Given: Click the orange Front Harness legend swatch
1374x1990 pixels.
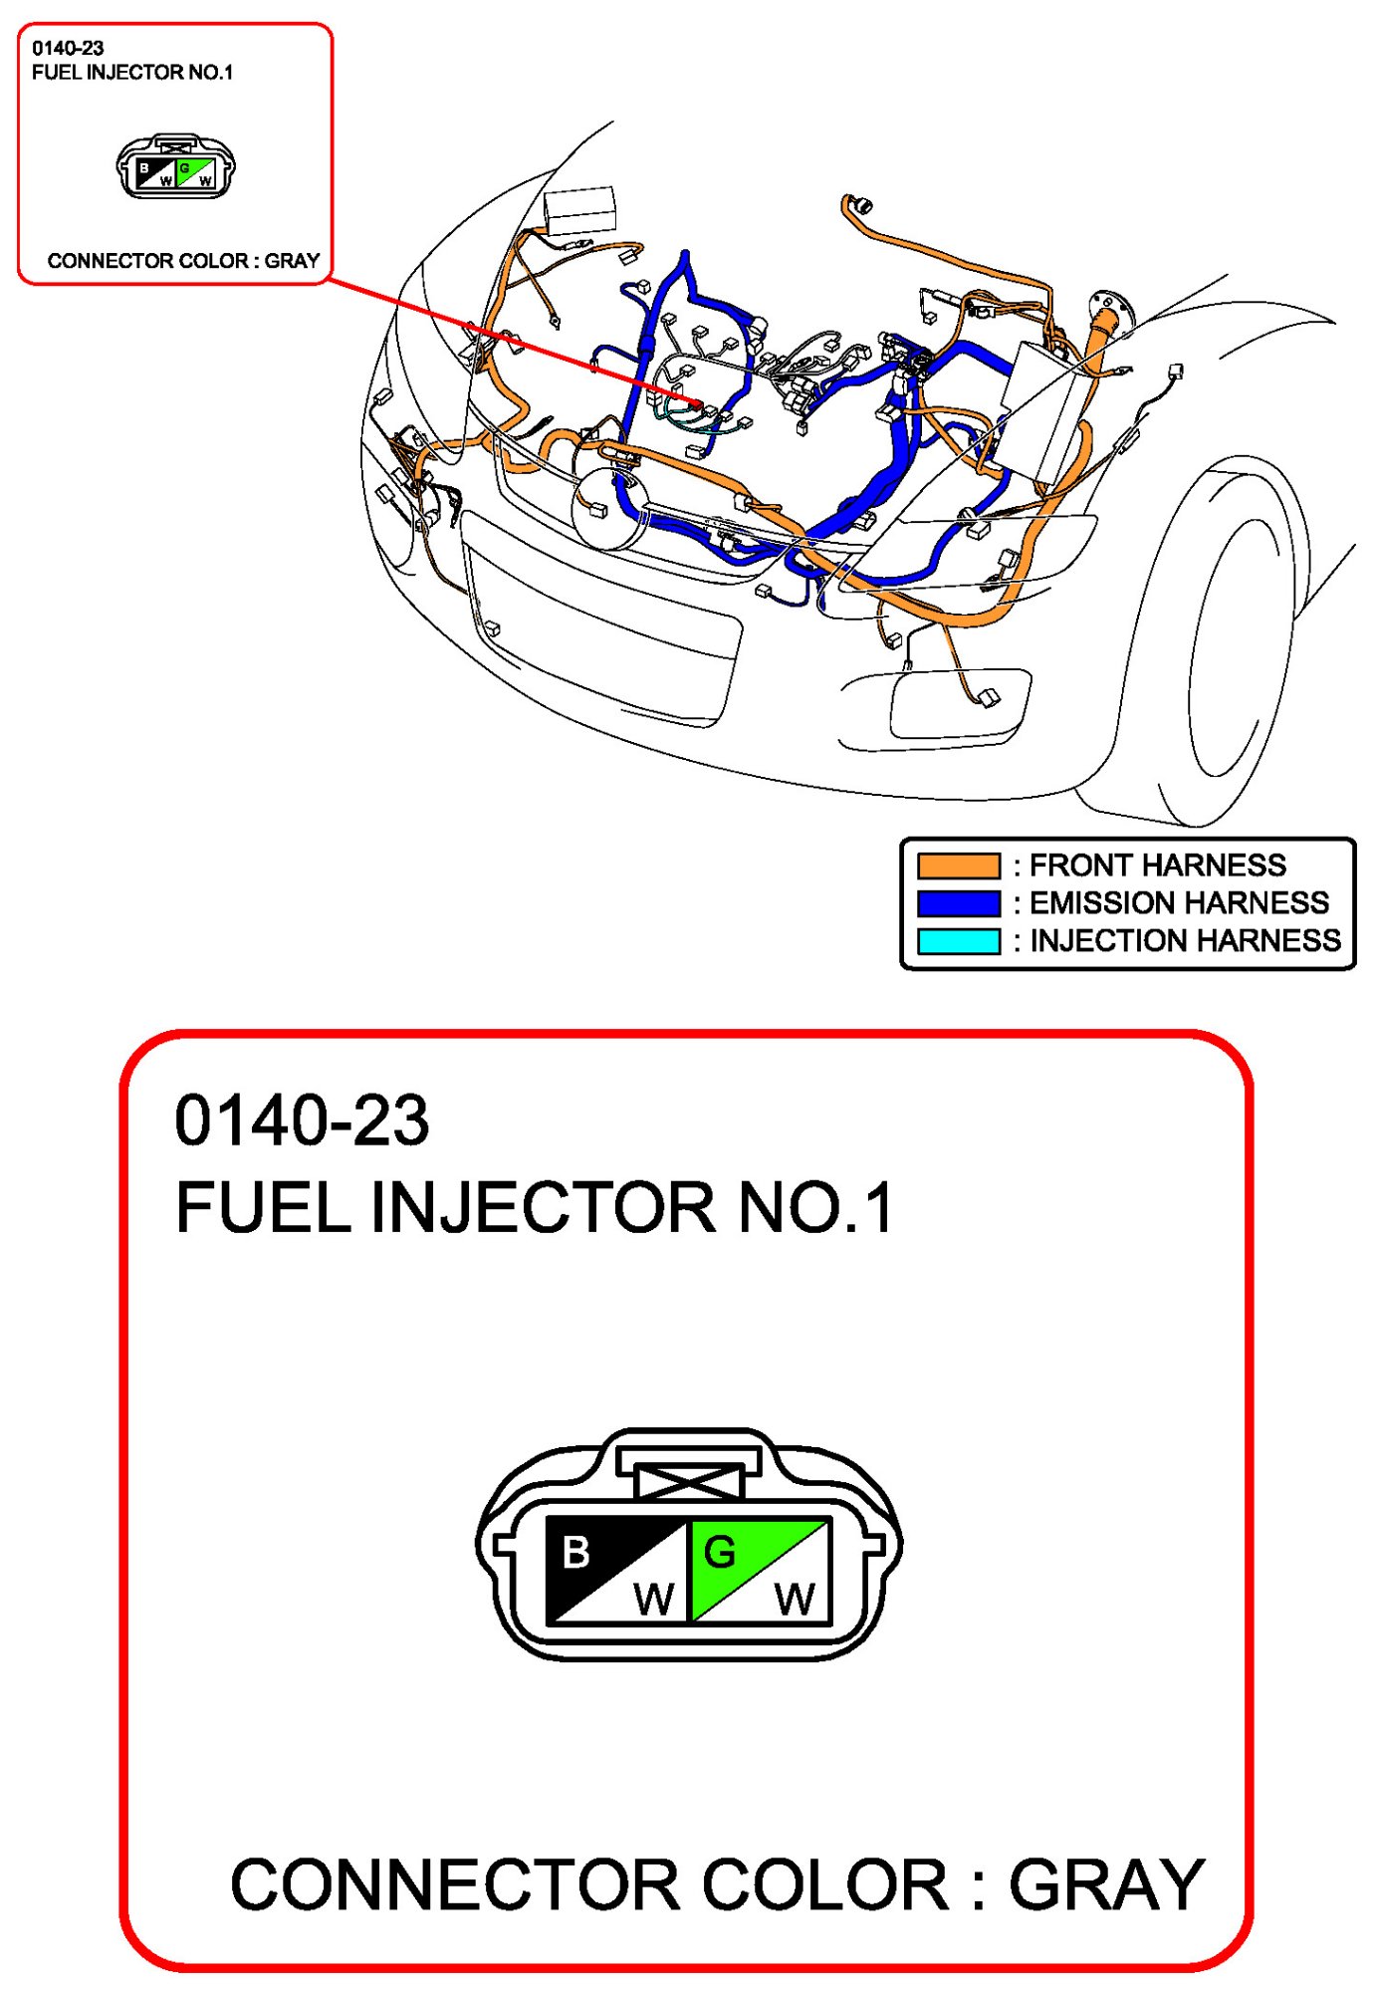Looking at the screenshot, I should click(958, 866).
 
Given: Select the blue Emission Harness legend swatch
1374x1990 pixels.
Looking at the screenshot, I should click(958, 903).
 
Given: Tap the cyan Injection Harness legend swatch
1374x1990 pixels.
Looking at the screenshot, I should click(958, 941).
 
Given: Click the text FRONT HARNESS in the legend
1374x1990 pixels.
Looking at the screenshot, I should click(1157, 865).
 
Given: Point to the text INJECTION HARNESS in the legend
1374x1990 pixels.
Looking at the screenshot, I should click(1185, 940).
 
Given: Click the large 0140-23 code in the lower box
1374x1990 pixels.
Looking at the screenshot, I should click(302, 1120).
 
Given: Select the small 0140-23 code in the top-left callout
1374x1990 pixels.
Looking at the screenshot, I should click(68, 48).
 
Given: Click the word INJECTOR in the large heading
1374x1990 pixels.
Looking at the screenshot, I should click(543, 1207).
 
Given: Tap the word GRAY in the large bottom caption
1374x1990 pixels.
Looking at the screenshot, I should click(1106, 1885).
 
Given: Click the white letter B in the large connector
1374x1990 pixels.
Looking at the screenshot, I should click(575, 1552).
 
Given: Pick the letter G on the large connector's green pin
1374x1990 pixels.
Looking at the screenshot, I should click(719, 1552).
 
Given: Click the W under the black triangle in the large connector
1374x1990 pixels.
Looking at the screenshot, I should click(653, 1600).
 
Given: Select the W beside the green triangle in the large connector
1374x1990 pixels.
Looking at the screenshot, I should click(795, 1600).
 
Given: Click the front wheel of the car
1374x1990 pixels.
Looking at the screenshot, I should click(1235, 647).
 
